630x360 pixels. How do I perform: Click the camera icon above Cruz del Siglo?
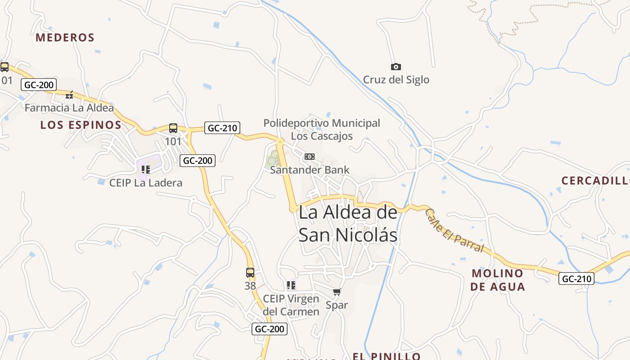pos(396,67)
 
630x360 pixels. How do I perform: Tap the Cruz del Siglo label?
pos(396,80)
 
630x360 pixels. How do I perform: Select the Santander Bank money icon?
pos(310,157)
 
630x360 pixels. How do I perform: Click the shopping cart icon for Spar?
pos(337,292)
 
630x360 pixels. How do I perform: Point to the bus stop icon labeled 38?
pos(250,272)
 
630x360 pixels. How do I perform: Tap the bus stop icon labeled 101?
pos(173,128)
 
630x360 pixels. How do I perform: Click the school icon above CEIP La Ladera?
pos(145,170)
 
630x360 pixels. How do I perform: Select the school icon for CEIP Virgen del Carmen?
pos(291,285)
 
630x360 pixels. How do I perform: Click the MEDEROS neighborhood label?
pos(65,37)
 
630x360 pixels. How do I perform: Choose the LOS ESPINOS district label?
pos(81,125)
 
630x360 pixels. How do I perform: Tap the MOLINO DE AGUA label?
pos(498,279)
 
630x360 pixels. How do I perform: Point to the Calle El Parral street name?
pos(454,231)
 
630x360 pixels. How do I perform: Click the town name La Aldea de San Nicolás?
pos(348,224)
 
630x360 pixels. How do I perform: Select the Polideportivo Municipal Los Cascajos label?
pos(322,129)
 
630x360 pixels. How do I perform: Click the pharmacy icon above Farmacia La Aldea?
pos(69,94)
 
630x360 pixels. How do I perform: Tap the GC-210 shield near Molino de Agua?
pos(576,279)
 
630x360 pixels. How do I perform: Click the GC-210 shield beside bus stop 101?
pos(222,128)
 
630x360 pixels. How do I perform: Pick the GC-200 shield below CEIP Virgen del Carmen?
pos(269,329)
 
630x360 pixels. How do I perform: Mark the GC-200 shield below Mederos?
pos(39,85)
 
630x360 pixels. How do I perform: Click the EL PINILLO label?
pos(387,356)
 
